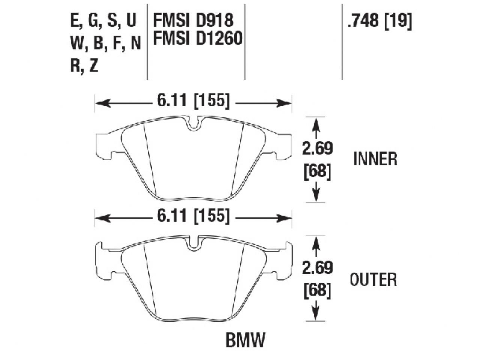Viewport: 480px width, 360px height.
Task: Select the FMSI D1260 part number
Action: pos(198,38)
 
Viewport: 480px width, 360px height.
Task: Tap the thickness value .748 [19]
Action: pos(379,21)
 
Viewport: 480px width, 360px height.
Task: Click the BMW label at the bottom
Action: pos(246,340)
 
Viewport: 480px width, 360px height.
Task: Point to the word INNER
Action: pos(375,159)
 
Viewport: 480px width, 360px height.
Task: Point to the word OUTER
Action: pos(373,280)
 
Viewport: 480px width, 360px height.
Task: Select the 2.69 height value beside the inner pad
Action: pos(317,149)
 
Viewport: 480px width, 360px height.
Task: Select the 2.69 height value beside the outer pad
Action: pos(317,268)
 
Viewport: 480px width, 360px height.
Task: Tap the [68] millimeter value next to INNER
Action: pos(317,172)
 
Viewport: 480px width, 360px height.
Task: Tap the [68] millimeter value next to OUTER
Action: pos(317,291)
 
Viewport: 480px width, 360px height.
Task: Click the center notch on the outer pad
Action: pos(193,244)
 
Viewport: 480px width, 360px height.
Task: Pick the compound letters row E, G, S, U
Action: pos(103,21)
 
